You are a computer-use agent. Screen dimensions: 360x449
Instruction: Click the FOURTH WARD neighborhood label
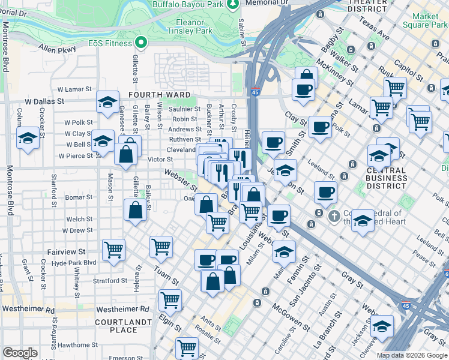[x=158, y=95]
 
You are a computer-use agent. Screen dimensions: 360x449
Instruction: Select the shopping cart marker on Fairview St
[x=113, y=249]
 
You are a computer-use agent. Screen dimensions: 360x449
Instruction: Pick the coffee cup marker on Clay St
[x=321, y=127]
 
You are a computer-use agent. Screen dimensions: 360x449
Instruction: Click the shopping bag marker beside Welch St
[x=136, y=210]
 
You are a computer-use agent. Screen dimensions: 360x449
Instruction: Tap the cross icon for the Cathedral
[x=336, y=214]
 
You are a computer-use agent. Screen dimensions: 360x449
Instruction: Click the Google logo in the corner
[x=20, y=353]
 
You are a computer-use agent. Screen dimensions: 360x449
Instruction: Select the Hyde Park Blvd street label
[x=74, y=263]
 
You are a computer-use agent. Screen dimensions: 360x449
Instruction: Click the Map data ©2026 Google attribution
[x=411, y=355]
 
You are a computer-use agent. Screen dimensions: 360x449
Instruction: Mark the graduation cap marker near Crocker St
[x=28, y=137]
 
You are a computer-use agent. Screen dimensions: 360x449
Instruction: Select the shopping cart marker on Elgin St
[x=170, y=299]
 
